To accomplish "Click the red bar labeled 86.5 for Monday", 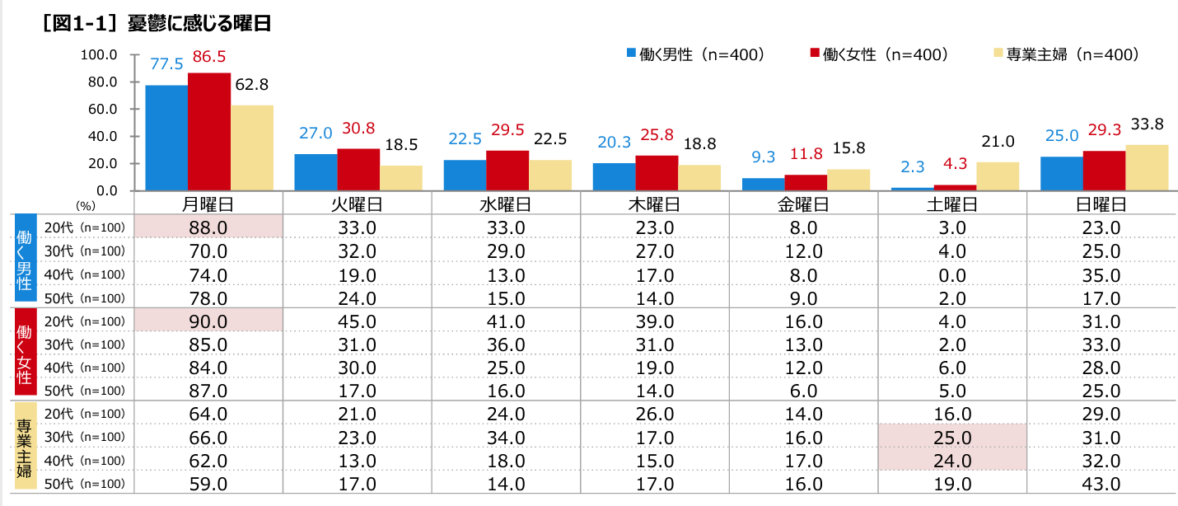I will click(x=208, y=132).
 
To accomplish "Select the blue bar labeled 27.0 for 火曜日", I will click(x=316, y=172).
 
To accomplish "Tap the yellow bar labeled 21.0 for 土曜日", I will click(x=998, y=176).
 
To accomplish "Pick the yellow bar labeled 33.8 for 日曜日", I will click(x=1147, y=168).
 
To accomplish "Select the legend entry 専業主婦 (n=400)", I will click(x=1066, y=54).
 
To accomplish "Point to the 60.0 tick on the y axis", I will click(x=100, y=109).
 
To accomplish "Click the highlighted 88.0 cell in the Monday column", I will click(x=208, y=227).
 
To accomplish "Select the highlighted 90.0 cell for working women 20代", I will click(x=208, y=320).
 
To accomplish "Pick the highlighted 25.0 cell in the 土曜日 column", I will click(x=952, y=436).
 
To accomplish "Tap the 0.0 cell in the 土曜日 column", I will click(x=952, y=274).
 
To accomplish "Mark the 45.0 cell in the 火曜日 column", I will click(x=357, y=320).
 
